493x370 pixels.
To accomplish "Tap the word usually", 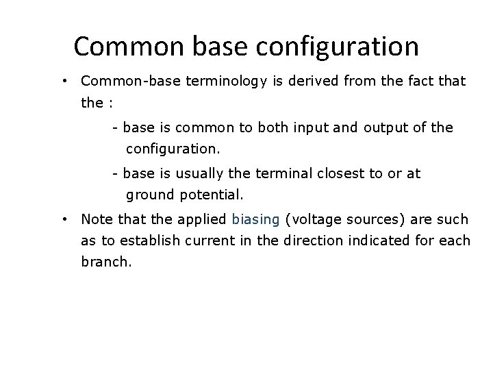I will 191,174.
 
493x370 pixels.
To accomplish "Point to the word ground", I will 151,195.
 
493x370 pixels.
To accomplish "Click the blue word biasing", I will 255,220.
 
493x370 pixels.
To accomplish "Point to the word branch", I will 104,261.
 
